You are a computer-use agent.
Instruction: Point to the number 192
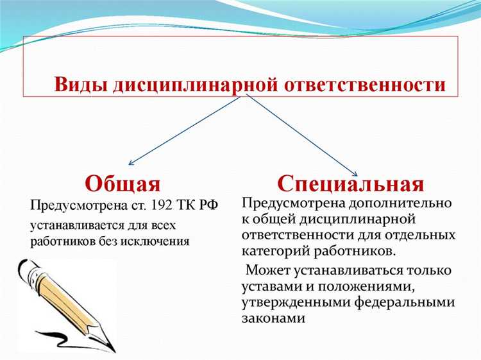point(163,205)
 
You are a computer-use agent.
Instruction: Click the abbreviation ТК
point(189,205)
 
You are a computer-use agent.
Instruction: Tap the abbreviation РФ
point(209,205)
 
